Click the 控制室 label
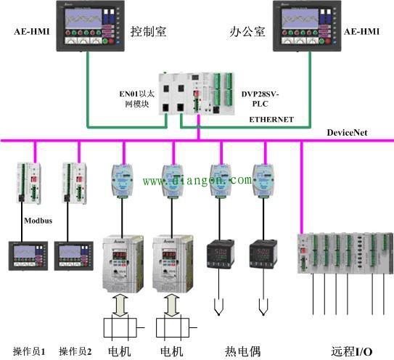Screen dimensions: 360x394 click(x=149, y=32)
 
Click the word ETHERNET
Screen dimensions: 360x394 click(x=271, y=118)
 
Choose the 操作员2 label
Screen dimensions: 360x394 click(x=75, y=351)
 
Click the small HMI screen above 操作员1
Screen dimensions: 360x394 click(x=26, y=254)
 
